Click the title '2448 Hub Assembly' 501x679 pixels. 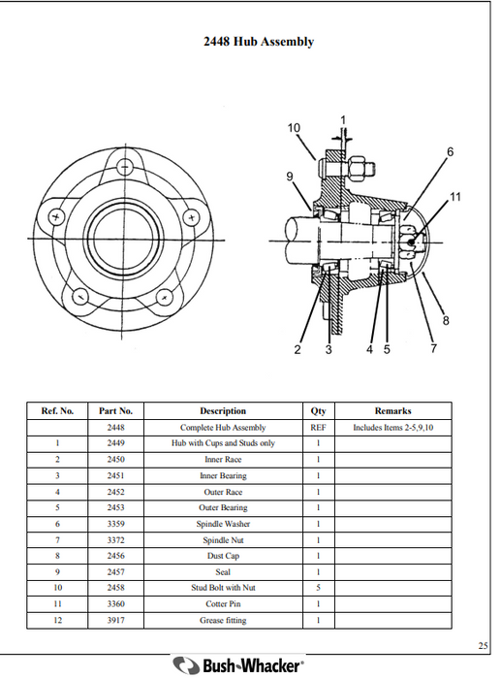click(258, 42)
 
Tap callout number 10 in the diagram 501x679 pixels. click(295, 128)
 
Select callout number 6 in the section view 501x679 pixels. click(450, 151)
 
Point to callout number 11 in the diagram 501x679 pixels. click(454, 199)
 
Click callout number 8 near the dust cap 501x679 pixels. click(445, 320)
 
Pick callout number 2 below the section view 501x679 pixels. click(297, 350)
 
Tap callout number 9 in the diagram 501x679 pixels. click(289, 176)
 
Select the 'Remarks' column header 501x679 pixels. click(392, 410)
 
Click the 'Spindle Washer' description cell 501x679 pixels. click(223, 524)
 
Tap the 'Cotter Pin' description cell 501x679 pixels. click(223, 603)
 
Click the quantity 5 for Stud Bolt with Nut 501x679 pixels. click(318, 588)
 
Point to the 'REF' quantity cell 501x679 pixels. click(318, 427)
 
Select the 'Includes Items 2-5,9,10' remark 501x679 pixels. click(392, 427)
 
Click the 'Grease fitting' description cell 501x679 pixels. click(223, 620)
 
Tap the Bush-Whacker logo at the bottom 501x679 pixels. click(238, 665)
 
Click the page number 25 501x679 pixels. click(483, 645)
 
